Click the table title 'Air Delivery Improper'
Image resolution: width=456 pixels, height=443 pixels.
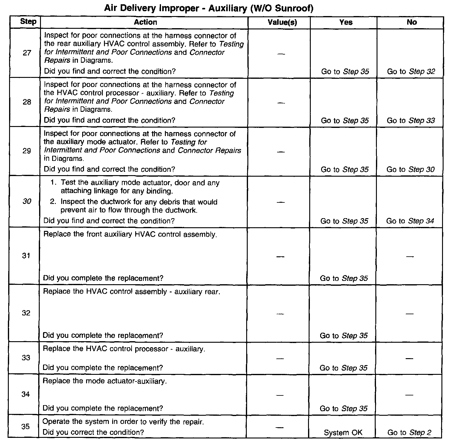coord(209,8)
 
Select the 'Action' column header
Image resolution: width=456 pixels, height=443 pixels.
coord(146,22)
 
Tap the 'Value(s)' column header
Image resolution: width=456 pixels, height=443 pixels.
coord(282,22)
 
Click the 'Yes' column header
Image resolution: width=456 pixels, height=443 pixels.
coord(346,22)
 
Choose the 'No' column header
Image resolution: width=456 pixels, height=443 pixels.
coord(412,22)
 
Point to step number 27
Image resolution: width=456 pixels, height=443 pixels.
coord(27,53)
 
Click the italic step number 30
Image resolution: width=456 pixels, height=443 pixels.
coord(27,201)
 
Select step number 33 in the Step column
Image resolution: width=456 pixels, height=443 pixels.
coord(26,358)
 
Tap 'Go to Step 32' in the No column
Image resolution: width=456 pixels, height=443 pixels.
coord(411,72)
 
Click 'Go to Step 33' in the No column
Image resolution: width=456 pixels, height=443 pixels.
coord(411,121)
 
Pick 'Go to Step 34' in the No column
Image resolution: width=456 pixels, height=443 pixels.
coord(410,221)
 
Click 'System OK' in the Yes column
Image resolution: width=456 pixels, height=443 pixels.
coord(343,433)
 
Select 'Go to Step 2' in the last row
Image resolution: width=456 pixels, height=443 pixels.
coord(409,433)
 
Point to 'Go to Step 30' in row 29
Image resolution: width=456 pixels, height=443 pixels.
coord(410,170)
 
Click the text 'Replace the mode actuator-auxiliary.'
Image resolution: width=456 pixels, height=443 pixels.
coord(105,381)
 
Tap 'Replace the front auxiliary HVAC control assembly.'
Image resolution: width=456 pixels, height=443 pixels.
coord(130,235)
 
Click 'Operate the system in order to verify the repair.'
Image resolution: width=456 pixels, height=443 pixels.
coord(123,422)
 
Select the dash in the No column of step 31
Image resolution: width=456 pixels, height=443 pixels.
coord(410,257)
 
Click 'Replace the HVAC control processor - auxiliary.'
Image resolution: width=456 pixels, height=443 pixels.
coord(124,349)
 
